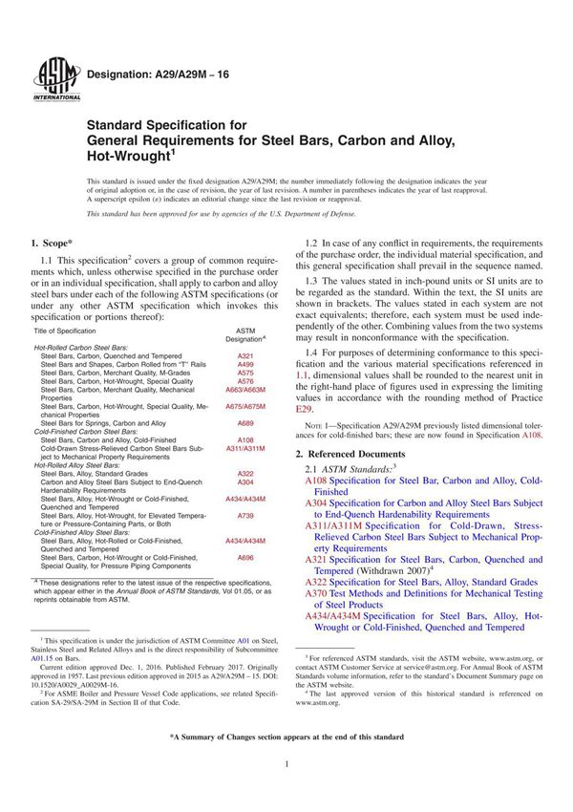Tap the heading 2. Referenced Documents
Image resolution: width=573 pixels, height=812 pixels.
(350, 452)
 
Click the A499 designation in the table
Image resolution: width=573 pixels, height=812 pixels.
(245, 364)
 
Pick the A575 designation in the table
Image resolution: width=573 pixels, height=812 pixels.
(245, 373)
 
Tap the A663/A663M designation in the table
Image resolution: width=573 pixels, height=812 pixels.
(245, 390)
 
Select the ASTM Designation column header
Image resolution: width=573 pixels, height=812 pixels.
(245, 334)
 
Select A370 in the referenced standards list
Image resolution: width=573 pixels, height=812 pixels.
(316, 593)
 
